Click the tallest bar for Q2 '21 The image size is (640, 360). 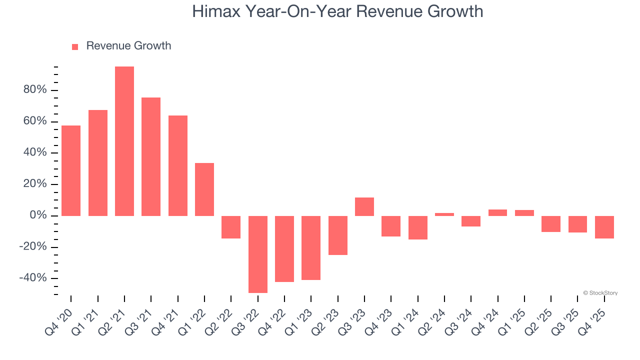tap(124, 141)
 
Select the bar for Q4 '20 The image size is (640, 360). tap(71, 170)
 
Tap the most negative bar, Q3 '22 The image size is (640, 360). tap(258, 254)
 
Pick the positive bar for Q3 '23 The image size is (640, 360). tap(364, 206)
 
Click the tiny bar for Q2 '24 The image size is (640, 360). tap(444, 214)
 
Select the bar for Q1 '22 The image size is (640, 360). tap(204, 189)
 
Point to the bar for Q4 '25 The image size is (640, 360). tap(604, 227)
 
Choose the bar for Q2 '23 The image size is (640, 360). tap(338, 235)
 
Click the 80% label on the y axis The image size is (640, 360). tap(34, 90)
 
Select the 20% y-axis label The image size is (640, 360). tap(34, 184)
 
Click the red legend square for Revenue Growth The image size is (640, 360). tap(75, 47)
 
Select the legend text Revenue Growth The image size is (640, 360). tap(128, 46)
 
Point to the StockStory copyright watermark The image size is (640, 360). tap(600, 293)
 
